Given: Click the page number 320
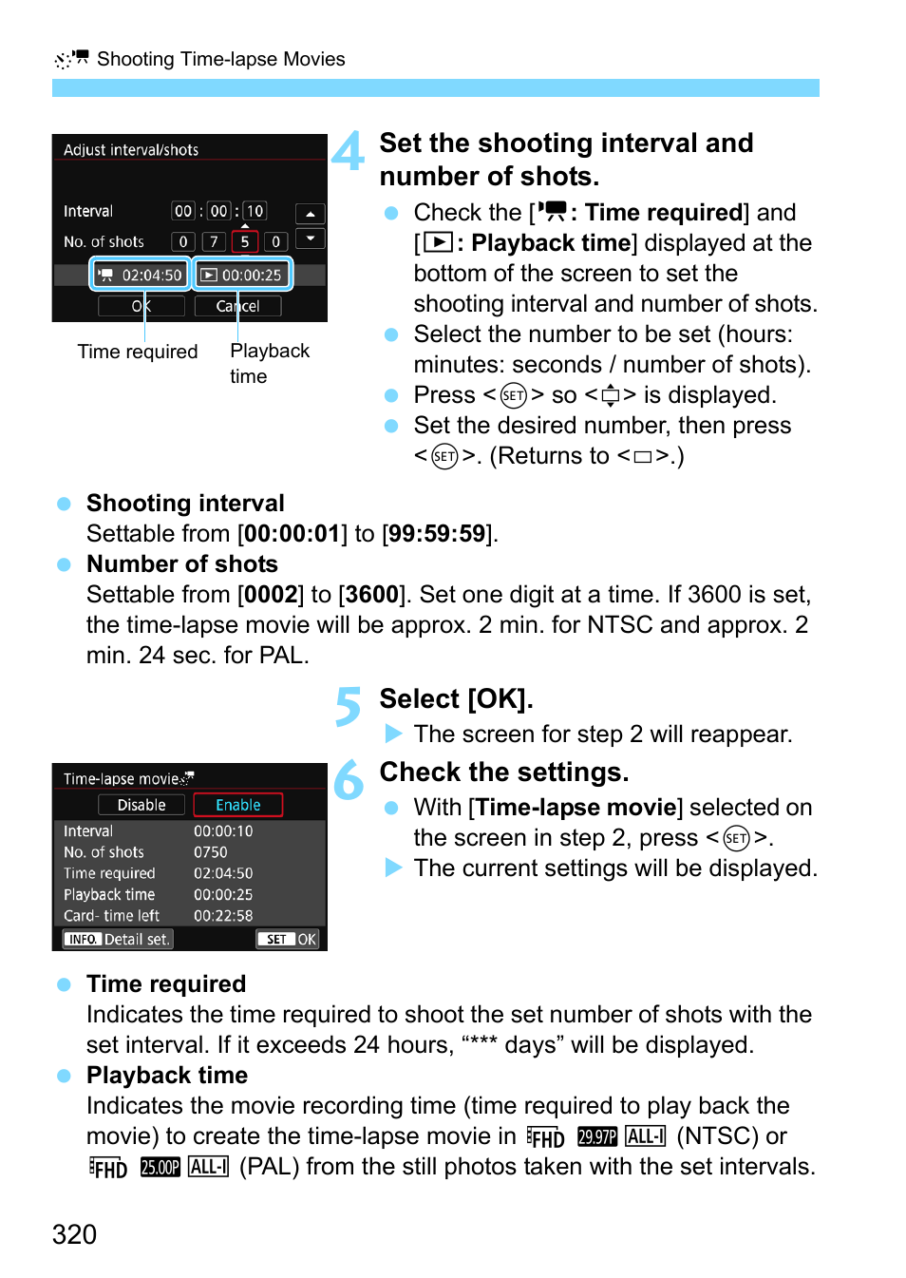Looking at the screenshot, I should click(x=74, y=1234).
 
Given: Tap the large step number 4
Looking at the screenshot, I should click(x=349, y=151).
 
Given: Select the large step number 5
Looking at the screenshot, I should click(x=349, y=707).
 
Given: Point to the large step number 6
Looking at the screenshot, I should click(x=349, y=780).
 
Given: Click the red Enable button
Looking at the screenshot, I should click(x=237, y=805).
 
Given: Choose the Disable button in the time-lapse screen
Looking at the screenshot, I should click(x=142, y=805).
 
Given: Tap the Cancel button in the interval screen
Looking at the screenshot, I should click(x=237, y=306).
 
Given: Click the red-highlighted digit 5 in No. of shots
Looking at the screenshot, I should click(x=244, y=241).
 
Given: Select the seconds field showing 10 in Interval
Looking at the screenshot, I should click(x=255, y=211).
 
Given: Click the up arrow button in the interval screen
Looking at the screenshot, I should click(x=311, y=214).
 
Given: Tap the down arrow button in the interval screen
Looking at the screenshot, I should click(x=311, y=238).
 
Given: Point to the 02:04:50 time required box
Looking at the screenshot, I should click(x=142, y=275).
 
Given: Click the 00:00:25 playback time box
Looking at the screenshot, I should click(x=242, y=275).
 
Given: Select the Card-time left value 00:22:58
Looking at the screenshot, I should click(x=223, y=916).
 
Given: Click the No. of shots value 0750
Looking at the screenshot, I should click(x=211, y=852).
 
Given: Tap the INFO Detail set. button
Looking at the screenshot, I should click(x=119, y=939).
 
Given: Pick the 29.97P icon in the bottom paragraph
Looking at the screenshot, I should click(x=597, y=1136).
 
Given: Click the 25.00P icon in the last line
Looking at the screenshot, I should click(x=160, y=1167).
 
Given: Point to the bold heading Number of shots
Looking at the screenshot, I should click(x=182, y=564).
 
